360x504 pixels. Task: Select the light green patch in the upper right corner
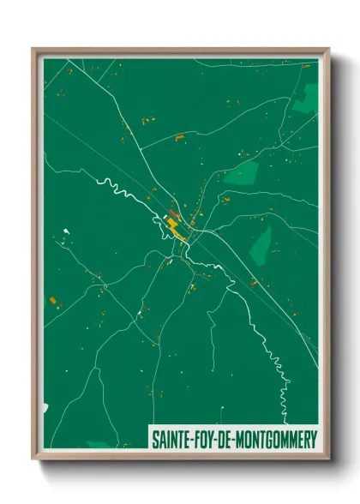pos(305,99)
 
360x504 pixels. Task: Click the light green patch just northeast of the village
pos(241,175)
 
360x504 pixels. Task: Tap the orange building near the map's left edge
pos(53,299)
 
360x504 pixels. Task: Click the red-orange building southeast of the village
pos(254,284)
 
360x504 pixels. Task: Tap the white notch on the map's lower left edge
pos(45,409)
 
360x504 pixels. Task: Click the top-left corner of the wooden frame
pos(34,50)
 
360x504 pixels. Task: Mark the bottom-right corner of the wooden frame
pos(327,459)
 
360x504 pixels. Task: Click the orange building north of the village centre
pos(179,137)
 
